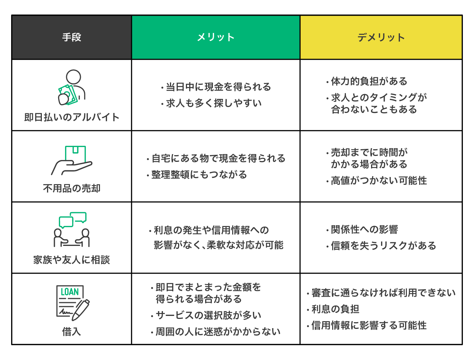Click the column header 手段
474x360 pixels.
71,37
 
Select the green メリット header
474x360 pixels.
216,37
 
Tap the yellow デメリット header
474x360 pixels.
381,37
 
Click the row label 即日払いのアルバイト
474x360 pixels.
71,117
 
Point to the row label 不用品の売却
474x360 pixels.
71,189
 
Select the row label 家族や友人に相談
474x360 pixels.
71,260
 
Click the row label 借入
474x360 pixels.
71,331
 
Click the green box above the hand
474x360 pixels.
76,153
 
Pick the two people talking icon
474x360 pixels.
72,230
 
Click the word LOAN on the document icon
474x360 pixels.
70,292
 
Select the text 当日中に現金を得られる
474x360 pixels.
218,87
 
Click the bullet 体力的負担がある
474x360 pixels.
369,81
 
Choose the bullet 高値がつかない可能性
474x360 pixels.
378,181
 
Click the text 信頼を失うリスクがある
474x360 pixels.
383,246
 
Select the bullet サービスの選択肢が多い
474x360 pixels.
208,315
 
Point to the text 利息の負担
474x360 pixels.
335,309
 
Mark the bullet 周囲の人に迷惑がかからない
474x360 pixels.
218,331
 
